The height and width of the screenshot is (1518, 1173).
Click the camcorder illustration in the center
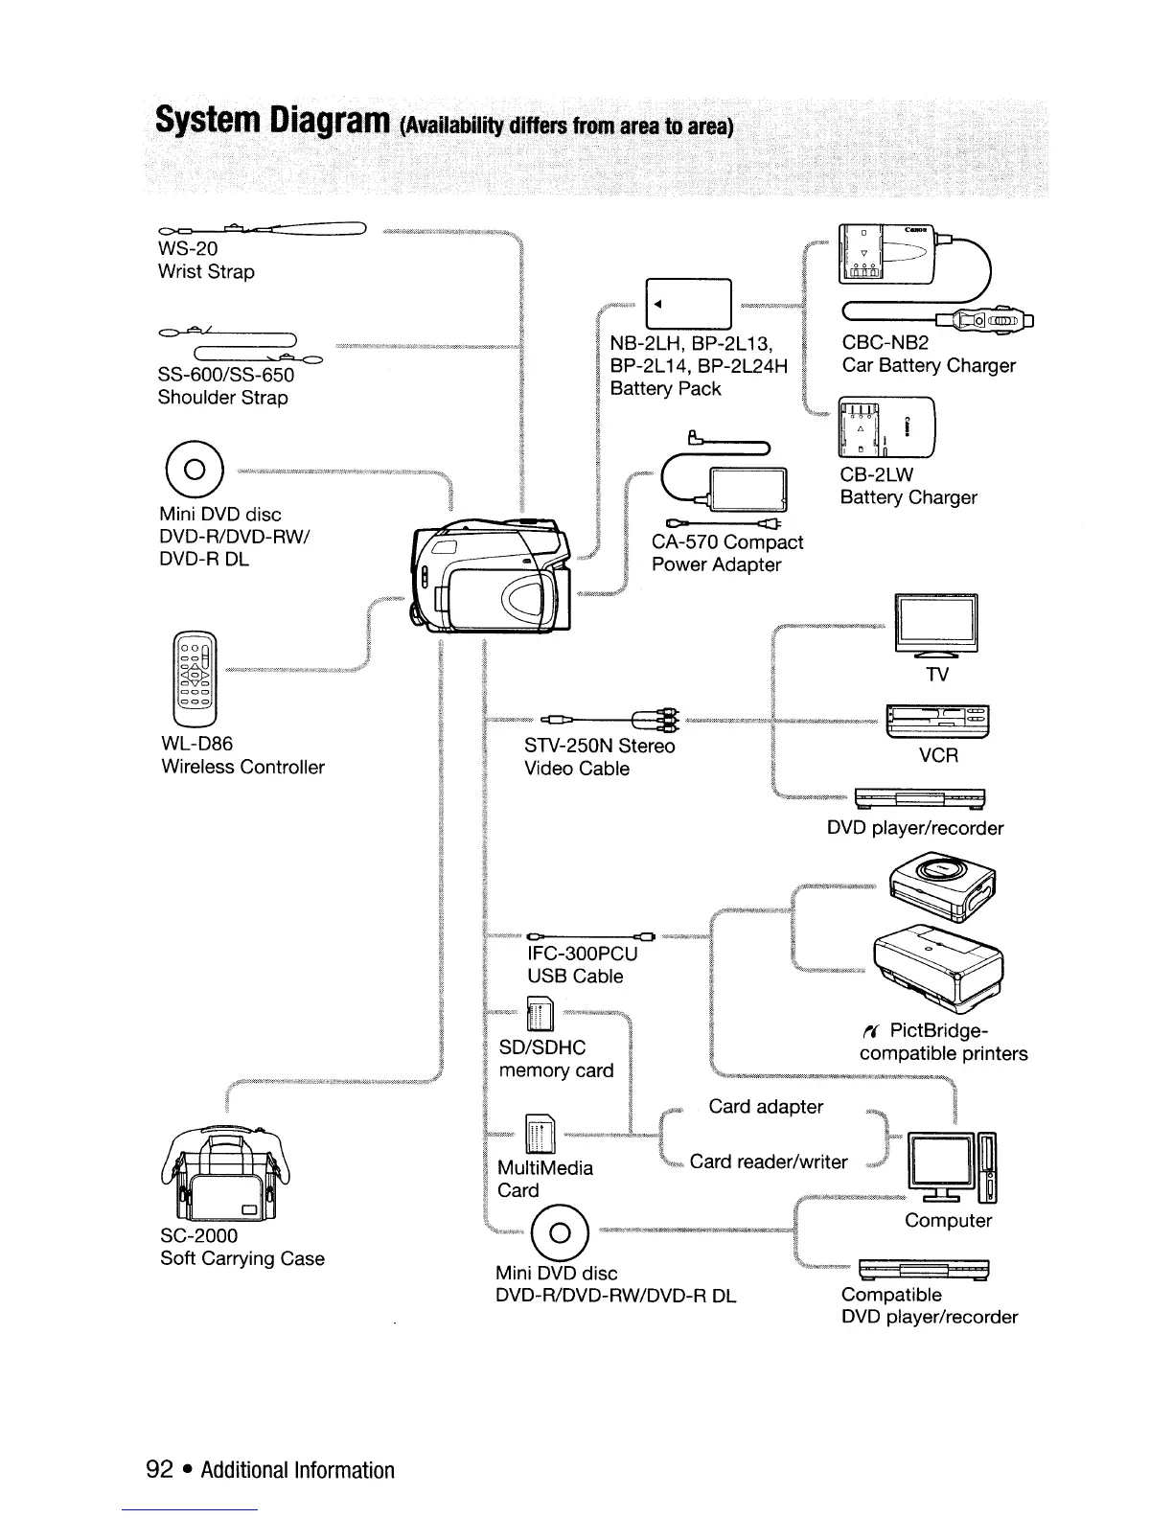pyautogui.click(x=491, y=576)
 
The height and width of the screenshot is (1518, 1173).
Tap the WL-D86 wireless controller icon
pyautogui.click(x=195, y=679)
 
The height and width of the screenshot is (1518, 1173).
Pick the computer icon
pyautogui.click(x=951, y=1167)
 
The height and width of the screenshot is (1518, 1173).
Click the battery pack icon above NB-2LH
pyautogui.click(x=689, y=303)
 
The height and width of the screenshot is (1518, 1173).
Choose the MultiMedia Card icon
pyautogui.click(x=539, y=1137)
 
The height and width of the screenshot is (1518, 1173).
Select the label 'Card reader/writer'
pyautogui.click(x=769, y=1161)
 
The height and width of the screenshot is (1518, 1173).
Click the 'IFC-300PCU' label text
pyautogui.click(x=582, y=954)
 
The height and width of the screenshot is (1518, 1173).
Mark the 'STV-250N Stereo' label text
pyautogui.click(x=599, y=746)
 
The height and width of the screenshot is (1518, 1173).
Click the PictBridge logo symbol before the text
pyautogui.click(x=870, y=1031)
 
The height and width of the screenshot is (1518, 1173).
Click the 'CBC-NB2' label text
pyautogui.click(x=885, y=342)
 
